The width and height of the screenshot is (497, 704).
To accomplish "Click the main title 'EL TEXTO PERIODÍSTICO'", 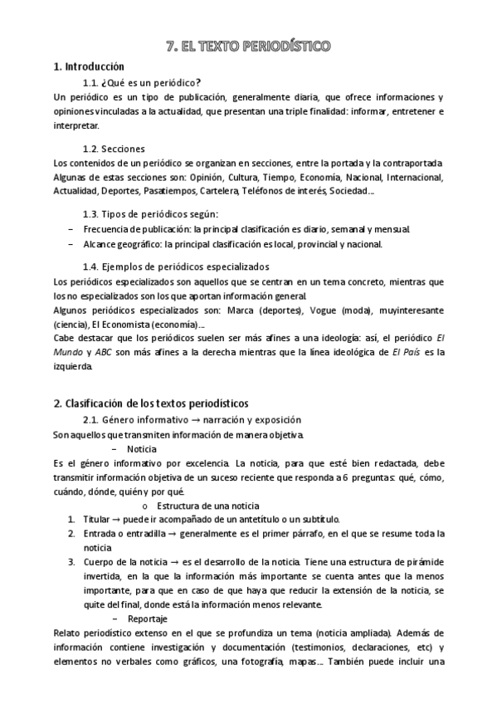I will pyautogui.click(x=248, y=46).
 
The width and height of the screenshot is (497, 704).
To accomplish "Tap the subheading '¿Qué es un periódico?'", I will pyautogui.click(x=152, y=82).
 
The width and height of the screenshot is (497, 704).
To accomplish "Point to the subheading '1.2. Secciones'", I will pyautogui.click(x=119, y=148).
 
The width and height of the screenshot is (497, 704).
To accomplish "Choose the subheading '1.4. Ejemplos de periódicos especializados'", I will pyautogui.click(x=176, y=267).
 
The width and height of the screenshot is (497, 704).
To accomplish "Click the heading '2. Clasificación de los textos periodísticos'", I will pyautogui.click(x=151, y=404).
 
